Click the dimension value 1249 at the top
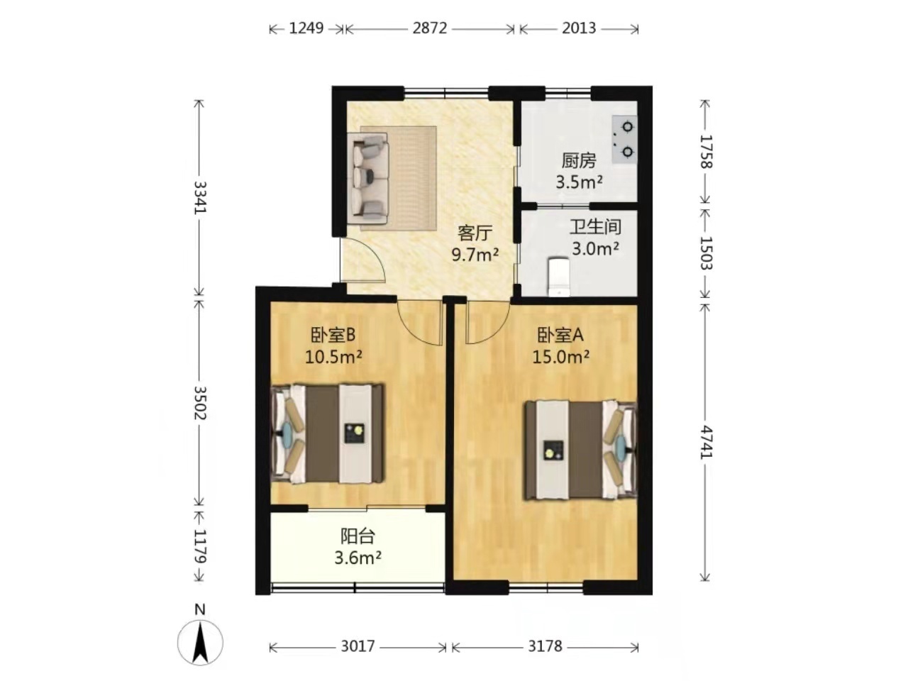306,28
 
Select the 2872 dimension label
430,28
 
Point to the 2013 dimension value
579,28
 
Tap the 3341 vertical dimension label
200,197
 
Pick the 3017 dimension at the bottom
358,646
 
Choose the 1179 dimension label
200,547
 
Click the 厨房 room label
578,161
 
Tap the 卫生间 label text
595,227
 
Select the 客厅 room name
475,233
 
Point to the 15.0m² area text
560,356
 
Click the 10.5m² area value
333,356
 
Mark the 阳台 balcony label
358,537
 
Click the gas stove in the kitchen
624,138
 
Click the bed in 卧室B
327,433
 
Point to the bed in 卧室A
581,450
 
